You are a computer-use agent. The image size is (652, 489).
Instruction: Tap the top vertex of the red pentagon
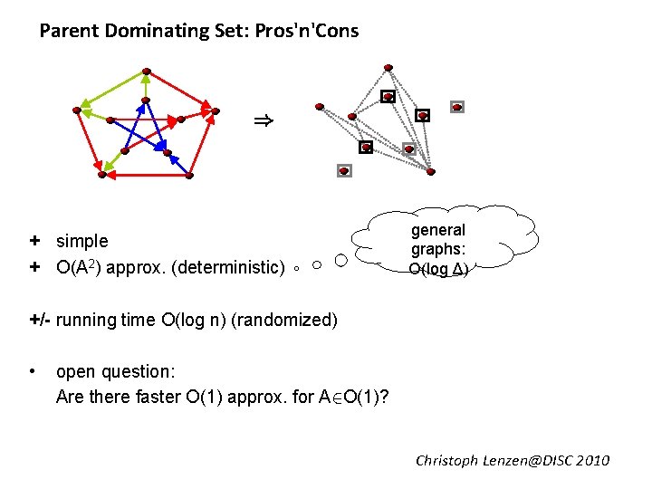pos(146,72)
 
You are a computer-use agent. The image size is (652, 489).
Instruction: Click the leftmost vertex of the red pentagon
pos(77,110)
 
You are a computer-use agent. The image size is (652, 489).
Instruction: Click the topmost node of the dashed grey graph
pos(388,67)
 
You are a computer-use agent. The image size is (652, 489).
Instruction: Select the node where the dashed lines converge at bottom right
pos(431,171)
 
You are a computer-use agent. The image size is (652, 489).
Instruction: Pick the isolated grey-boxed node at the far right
pos(457,107)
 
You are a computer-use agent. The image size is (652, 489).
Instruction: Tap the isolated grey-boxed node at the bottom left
pos(343,170)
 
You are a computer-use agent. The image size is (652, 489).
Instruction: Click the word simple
pos(81,241)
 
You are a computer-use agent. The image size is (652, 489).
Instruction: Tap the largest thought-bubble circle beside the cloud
pos(340,261)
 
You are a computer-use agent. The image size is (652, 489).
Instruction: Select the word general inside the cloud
pos(438,230)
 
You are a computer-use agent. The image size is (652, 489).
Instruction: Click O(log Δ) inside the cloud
pos(438,269)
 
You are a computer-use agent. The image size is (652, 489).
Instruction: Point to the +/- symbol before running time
pos(40,320)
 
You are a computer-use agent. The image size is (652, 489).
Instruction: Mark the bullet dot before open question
pos(33,371)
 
